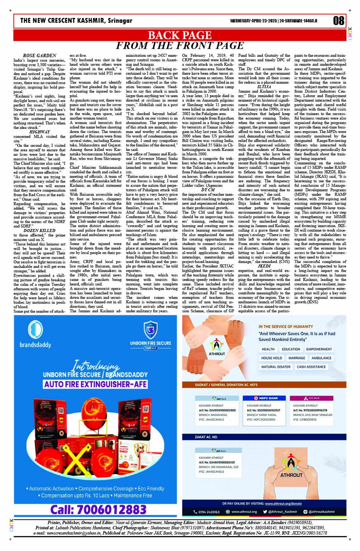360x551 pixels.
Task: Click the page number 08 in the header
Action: (338, 20)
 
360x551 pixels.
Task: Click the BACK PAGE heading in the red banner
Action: (180, 35)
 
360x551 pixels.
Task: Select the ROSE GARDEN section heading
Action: (40, 56)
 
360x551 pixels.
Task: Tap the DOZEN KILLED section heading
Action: (40, 231)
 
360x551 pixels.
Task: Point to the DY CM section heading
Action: (208, 189)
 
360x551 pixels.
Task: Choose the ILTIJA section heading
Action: (264, 87)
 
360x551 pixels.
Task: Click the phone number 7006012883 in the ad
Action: (98, 509)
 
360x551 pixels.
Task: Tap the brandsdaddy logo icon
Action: (35, 330)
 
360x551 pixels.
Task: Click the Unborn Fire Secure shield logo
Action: (150, 330)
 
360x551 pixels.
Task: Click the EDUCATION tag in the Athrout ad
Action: (291, 349)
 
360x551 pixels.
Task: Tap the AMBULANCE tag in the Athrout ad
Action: (322, 358)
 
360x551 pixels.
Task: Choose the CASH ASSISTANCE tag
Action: (311, 367)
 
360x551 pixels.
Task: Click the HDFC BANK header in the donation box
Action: (266, 398)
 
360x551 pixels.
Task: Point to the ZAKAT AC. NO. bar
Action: (206, 437)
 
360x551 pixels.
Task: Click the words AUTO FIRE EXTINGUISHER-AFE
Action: (95, 384)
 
